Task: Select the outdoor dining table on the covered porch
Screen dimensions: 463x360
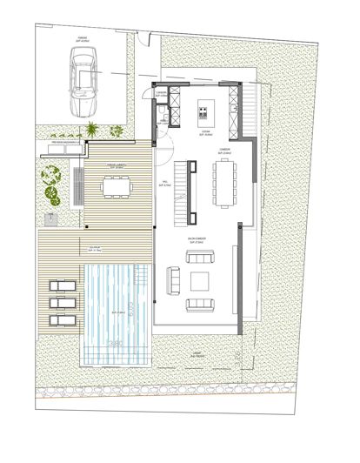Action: coord(114,185)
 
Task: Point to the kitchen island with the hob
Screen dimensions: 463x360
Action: coord(203,110)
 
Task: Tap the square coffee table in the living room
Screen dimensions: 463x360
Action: coord(199,280)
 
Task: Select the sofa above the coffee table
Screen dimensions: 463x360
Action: coord(201,259)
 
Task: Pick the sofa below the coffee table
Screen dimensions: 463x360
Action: coord(200,304)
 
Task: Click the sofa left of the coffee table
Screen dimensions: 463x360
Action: coord(173,280)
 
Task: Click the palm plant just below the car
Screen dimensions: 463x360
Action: coord(90,131)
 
